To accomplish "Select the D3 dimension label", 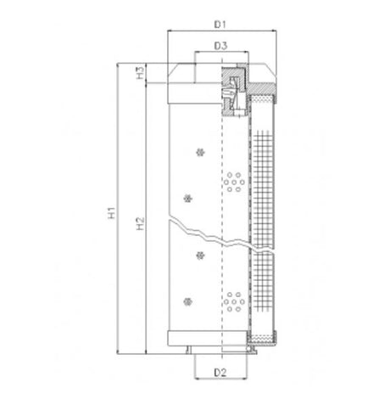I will (220, 44).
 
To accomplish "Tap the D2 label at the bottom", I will (219, 371).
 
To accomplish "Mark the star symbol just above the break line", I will (187, 199).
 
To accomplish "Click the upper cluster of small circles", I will (232, 181).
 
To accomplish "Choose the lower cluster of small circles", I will (232, 300).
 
